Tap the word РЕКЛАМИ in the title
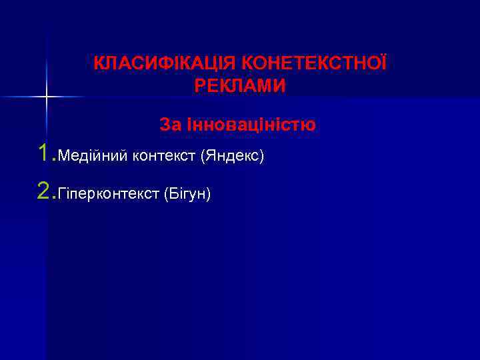click(x=240, y=86)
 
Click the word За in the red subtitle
click(x=169, y=125)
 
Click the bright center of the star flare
click(x=46, y=97)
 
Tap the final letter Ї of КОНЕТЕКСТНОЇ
click(x=383, y=64)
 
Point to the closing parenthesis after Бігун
click(x=209, y=195)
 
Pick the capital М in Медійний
click(x=64, y=157)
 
